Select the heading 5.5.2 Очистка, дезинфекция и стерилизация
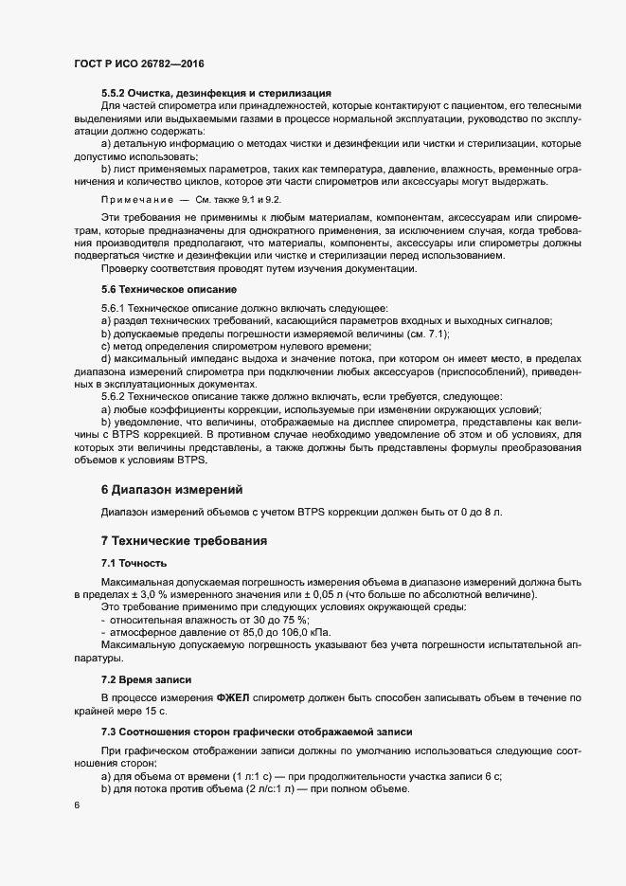(x=215, y=92)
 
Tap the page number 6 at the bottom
(x=75, y=805)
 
